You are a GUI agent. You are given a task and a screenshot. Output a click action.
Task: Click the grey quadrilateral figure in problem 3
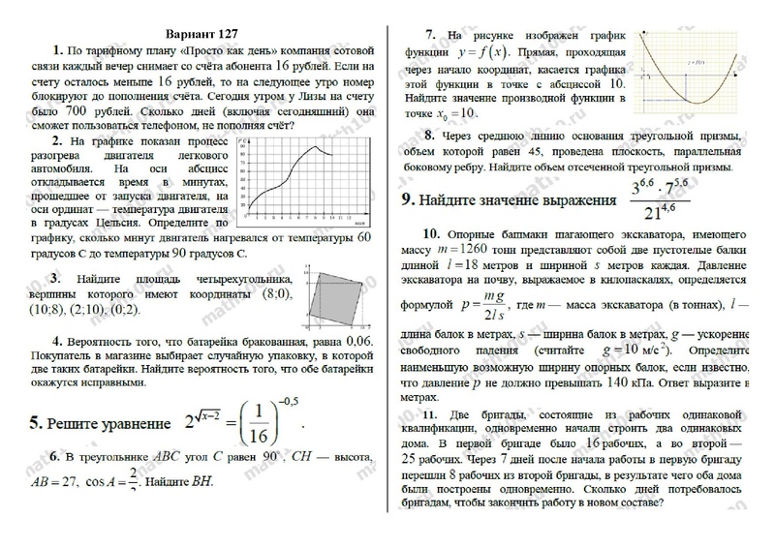[336, 295]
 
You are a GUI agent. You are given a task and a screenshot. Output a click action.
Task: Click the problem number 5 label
[35, 423]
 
